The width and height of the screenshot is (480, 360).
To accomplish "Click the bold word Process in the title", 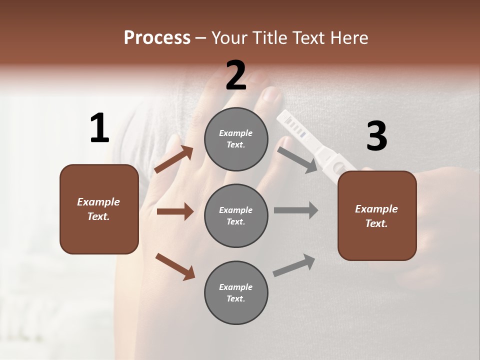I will [157, 38].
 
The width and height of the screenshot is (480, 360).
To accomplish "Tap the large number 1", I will [99, 128].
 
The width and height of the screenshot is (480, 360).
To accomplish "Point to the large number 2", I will [236, 75].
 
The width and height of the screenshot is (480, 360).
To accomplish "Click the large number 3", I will [376, 136].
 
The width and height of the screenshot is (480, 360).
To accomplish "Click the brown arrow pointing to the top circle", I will [174, 159].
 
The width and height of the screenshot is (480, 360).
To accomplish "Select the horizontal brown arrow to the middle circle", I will [175, 211].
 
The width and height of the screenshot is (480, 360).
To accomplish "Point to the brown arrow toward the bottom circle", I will [175, 266].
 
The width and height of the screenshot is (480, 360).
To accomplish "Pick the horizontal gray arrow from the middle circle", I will [295, 210].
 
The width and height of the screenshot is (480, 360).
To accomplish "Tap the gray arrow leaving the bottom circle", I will [294, 265].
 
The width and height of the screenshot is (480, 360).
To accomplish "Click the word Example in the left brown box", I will [98, 202].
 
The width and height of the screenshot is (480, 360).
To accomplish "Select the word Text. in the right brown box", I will [376, 223].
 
